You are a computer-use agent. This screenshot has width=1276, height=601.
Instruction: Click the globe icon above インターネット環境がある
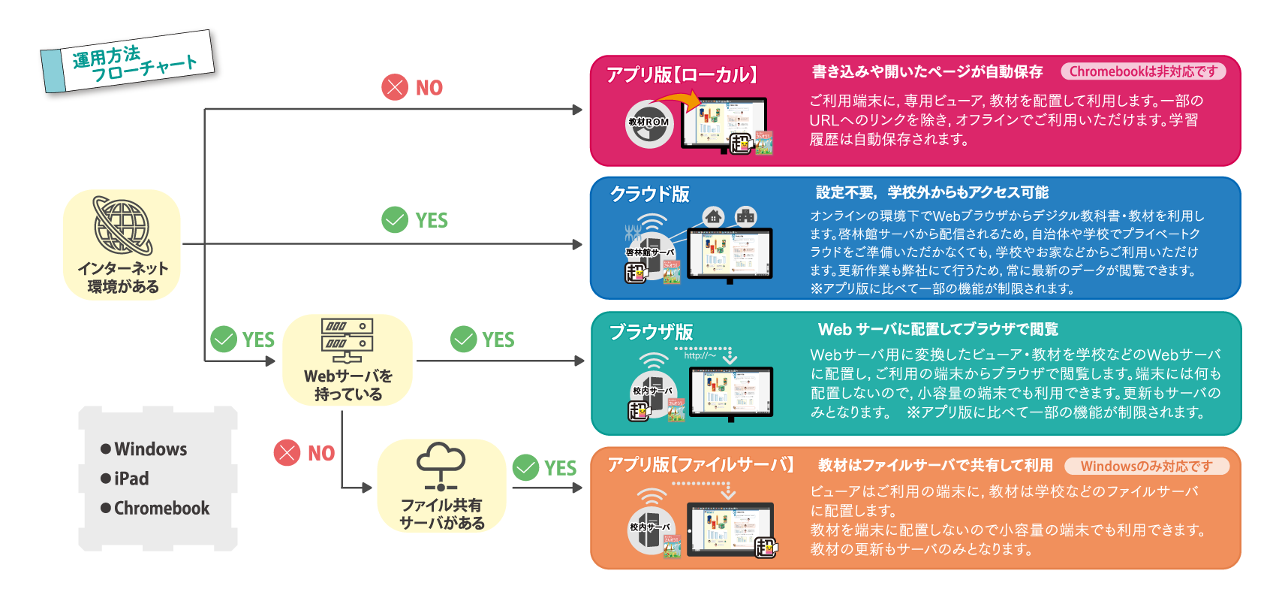[122, 225]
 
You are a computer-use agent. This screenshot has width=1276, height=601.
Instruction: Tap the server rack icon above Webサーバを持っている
[347, 340]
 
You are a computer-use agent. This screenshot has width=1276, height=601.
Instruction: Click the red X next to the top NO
[395, 87]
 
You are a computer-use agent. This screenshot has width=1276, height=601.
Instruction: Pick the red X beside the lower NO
[287, 452]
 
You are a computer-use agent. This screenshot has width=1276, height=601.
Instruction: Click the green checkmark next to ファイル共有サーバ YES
[526, 467]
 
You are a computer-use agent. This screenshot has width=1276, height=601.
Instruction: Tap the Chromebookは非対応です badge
[1143, 71]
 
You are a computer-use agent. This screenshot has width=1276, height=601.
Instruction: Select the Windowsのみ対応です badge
[1146, 466]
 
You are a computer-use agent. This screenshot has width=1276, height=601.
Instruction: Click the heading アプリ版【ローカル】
[682, 74]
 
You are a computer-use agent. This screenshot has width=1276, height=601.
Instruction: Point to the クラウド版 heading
[650, 194]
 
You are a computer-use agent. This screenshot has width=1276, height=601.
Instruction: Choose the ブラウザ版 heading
[651, 331]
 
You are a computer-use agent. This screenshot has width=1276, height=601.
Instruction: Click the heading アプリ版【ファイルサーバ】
[700, 464]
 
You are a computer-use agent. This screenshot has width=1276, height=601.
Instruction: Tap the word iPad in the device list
[131, 479]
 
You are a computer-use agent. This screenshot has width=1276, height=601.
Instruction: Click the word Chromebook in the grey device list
[161, 508]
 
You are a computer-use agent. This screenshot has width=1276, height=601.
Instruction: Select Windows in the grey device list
[150, 449]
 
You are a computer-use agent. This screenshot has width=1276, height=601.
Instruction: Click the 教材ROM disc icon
[649, 124]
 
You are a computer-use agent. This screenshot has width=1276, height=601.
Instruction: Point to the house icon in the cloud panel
[713, 216]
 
